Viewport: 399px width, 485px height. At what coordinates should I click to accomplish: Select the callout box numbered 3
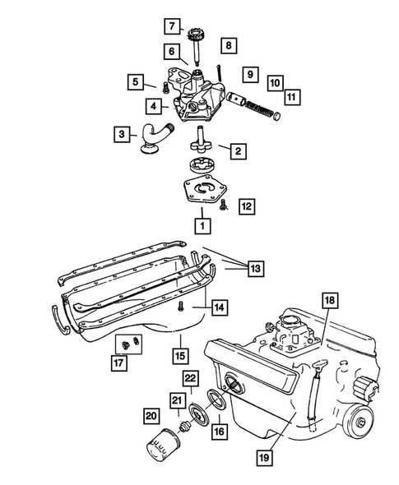(x=122, y=134)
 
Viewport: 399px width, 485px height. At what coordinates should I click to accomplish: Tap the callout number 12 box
(x=247, y=206)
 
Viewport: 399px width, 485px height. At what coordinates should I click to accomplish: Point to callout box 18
(x=329, y=301)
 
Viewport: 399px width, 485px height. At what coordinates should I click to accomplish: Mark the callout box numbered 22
(x=190, y=377)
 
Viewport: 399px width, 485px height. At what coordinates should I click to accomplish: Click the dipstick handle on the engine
(x=319, y=365)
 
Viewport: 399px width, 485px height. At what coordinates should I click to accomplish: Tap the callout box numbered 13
(x=255, y=268)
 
